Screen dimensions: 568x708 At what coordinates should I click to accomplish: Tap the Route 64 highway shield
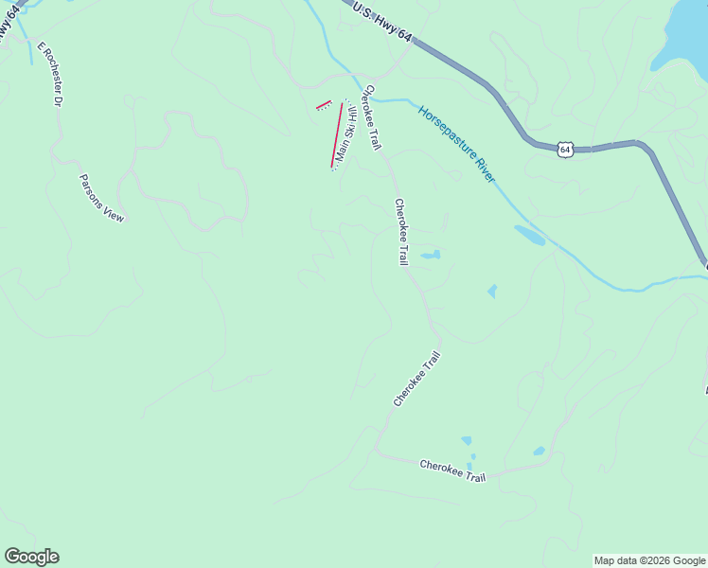tap(565, 149)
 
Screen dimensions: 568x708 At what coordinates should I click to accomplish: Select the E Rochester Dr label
tap(49, 73)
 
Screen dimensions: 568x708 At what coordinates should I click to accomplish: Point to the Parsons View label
tap(101, 198)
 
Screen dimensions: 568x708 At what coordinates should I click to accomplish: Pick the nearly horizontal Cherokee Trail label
tap(452, 470)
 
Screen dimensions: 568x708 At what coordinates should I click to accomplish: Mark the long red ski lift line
tap(337, 135)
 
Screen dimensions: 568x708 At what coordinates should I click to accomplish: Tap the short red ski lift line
tap(324, 105)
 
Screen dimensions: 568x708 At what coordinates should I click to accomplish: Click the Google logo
tap(31, 557)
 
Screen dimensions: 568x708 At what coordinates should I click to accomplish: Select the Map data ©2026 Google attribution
tap(649, 560)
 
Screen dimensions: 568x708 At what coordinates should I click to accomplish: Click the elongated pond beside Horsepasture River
tap(529, 235)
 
